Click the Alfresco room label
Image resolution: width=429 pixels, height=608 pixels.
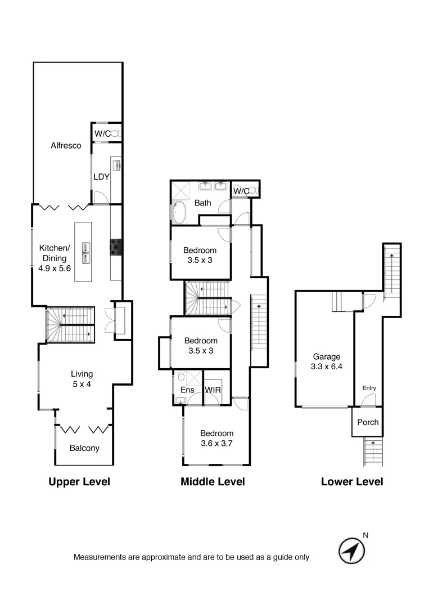point(66,145)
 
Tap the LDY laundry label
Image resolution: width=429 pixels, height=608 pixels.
point(101,176)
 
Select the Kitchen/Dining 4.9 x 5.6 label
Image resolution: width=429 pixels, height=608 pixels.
point(54,258)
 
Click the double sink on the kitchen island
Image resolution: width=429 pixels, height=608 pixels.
point(87,252)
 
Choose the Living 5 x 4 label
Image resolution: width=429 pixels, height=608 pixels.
point(82,378)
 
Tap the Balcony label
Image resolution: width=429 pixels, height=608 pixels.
point(84,448)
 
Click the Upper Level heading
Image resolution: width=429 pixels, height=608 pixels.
point(79,482)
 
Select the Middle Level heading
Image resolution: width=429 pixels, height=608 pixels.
point(213,482)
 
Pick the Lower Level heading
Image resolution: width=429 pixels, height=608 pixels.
point(352,482)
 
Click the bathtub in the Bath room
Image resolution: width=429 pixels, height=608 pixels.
point(179,212)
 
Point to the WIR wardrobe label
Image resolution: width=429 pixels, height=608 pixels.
point(213,390)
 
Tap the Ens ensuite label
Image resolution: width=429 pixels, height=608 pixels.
point(187,390)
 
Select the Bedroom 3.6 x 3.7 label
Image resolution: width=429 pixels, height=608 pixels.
point(216,438)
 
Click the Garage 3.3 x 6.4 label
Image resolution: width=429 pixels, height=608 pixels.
point(327,361)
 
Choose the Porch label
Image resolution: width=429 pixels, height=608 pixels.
point(368,422)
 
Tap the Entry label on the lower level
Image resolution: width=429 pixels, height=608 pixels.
point(369,388)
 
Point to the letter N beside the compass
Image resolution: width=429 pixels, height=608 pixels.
point(365,535)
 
